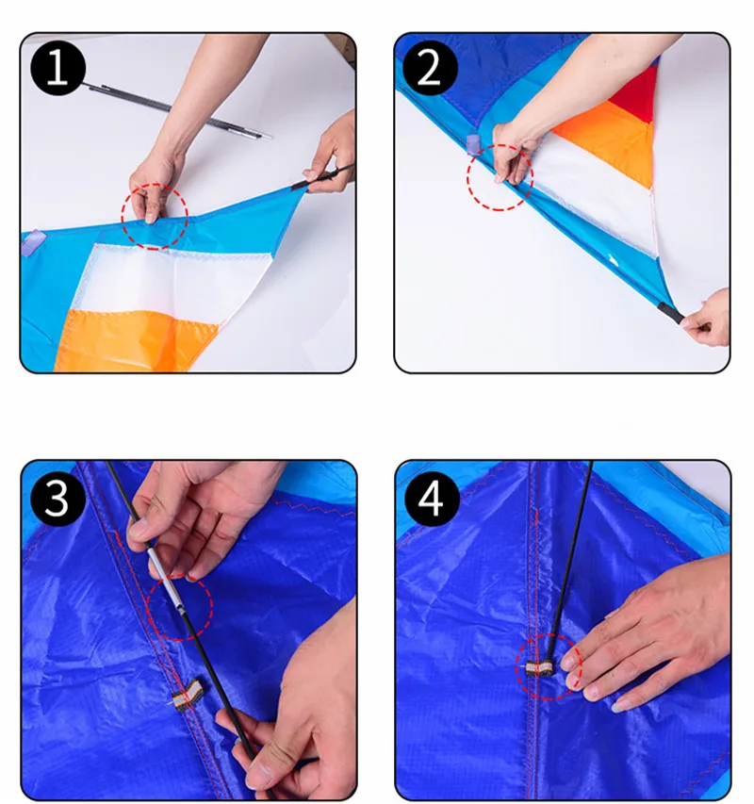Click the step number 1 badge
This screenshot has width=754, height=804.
57,68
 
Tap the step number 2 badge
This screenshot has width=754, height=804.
430,68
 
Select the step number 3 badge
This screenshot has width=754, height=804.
57,499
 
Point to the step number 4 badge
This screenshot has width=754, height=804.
432,499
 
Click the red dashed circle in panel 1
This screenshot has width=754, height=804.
155,184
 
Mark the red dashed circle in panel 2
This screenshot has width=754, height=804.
500,145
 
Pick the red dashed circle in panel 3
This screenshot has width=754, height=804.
179,574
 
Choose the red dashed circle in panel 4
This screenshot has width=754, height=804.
549,633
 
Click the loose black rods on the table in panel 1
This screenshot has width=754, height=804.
174,109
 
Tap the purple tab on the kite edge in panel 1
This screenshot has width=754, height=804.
33,243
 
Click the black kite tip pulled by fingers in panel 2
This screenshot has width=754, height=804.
671,313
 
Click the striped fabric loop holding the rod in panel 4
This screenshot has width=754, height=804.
539,668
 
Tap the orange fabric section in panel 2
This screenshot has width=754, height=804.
610,136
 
